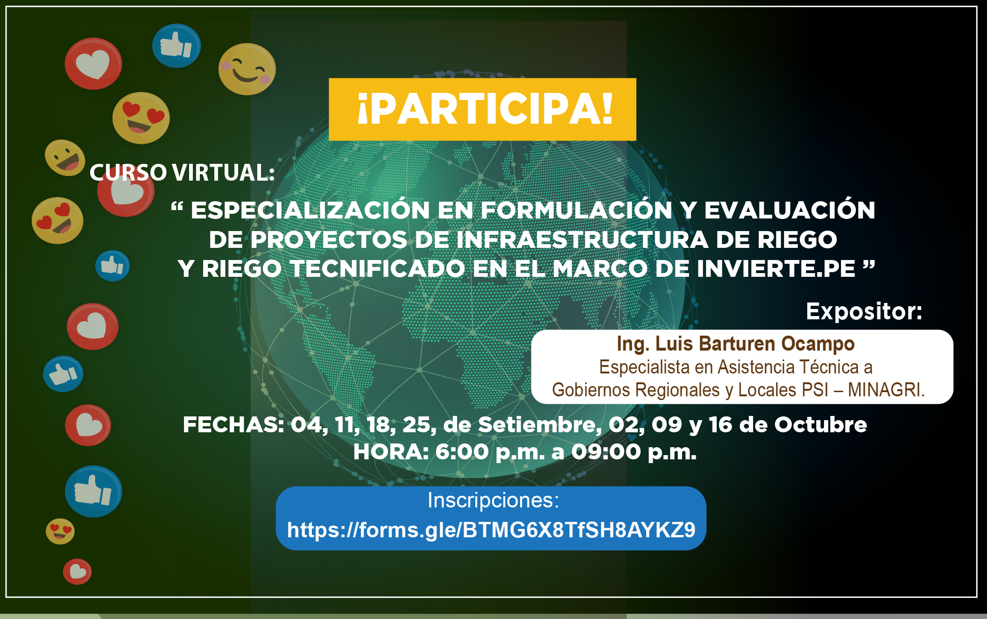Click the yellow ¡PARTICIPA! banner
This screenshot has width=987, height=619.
(x=482, y=109)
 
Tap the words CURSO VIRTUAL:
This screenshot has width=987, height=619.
(x=182, y=172)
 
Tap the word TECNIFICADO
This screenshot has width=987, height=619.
(x=377, y=268)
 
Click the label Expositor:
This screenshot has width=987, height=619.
(x=864, y=311)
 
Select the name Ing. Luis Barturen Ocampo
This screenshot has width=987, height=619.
(x=735, y=344)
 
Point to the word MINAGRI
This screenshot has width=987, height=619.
(x=886, y=390)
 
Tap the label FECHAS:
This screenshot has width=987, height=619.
(x=233, y=425)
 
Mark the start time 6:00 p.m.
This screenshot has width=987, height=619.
(x=490, y=452)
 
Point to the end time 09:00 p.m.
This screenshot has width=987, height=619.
(x=634, y=452)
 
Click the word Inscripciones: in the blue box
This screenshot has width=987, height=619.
(x=493, y=500)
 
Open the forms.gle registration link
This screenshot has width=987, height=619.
(x=491, y=530)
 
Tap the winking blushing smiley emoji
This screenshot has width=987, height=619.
(x=247, y=69)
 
